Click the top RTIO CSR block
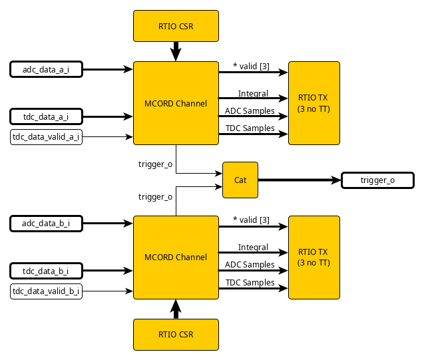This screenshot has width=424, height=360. coord(176,26)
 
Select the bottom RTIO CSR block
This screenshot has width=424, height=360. coord(176,334)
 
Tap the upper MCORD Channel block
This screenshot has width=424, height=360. coord(176,103)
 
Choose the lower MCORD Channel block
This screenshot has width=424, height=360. coord(176,257)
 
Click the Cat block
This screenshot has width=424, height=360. coord(240,180)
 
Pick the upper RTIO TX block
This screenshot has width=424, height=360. coord(314,103)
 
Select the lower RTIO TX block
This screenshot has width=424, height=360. coord(314,257)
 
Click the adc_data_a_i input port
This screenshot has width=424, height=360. coord(46,69)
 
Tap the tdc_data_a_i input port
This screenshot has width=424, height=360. coord(46,116)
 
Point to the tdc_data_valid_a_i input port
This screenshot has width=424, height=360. coord(46,137)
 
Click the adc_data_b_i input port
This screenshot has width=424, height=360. coord(46,223)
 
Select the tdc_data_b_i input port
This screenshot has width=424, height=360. coord(46,270)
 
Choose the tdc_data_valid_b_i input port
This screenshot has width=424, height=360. coord(46,291)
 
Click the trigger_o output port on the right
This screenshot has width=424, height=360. coord(377,180)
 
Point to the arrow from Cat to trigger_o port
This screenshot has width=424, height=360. coord(299,180)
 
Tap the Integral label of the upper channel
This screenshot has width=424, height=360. coord(253,93)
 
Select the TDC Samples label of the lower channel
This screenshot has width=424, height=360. coord(250,282)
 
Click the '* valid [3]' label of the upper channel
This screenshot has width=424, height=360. coord(251,66)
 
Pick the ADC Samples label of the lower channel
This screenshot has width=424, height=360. coord(250,264)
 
